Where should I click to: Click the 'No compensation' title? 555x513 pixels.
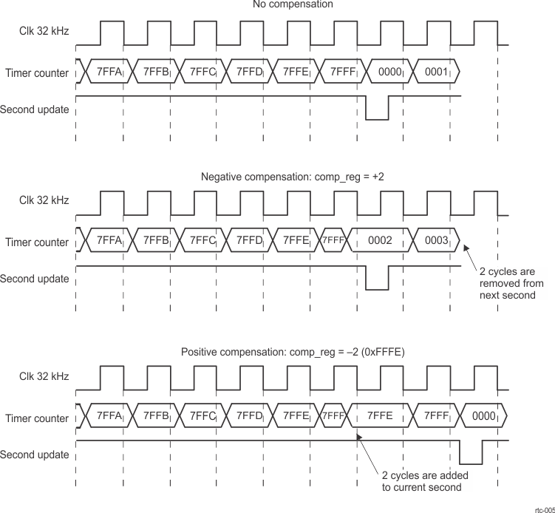coord(303,5)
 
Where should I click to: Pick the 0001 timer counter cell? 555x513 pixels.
coord(436,72)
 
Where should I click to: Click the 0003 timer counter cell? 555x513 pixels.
coord(436,241)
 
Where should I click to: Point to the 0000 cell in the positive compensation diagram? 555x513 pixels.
coord(483,415)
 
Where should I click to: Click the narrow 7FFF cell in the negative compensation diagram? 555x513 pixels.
coord(332,241)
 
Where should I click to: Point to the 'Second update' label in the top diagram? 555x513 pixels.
coord(35,109)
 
